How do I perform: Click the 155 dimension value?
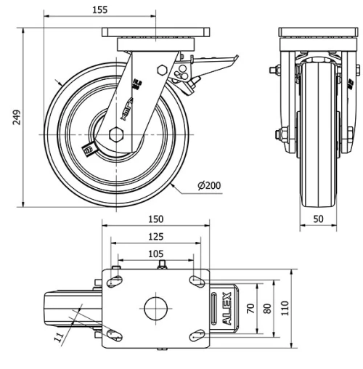(100, 9)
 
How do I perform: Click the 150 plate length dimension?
(155, 219)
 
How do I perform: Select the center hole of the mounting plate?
(155, 307)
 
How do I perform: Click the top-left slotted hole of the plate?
(114, 280)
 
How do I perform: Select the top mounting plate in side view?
(155, 33)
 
